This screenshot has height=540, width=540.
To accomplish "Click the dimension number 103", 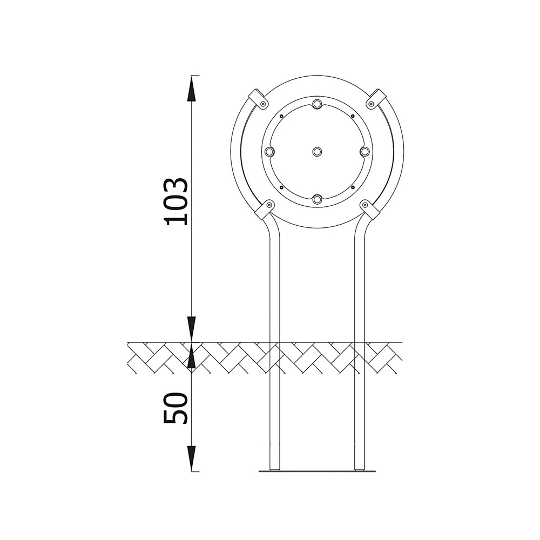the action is point(177,202).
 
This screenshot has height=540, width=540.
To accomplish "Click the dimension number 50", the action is point(177,407).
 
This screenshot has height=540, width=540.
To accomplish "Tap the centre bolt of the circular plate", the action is point(317,151).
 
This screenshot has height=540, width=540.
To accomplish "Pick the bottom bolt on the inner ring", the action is point(317,199).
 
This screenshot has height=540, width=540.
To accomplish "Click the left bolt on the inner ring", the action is point(269,151).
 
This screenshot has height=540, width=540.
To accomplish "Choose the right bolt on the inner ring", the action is point(365,151).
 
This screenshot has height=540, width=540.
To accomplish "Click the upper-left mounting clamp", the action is point(258,99).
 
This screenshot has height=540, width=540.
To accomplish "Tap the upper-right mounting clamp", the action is point(376,99).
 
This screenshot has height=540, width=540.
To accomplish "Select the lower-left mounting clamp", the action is point(265,210).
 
